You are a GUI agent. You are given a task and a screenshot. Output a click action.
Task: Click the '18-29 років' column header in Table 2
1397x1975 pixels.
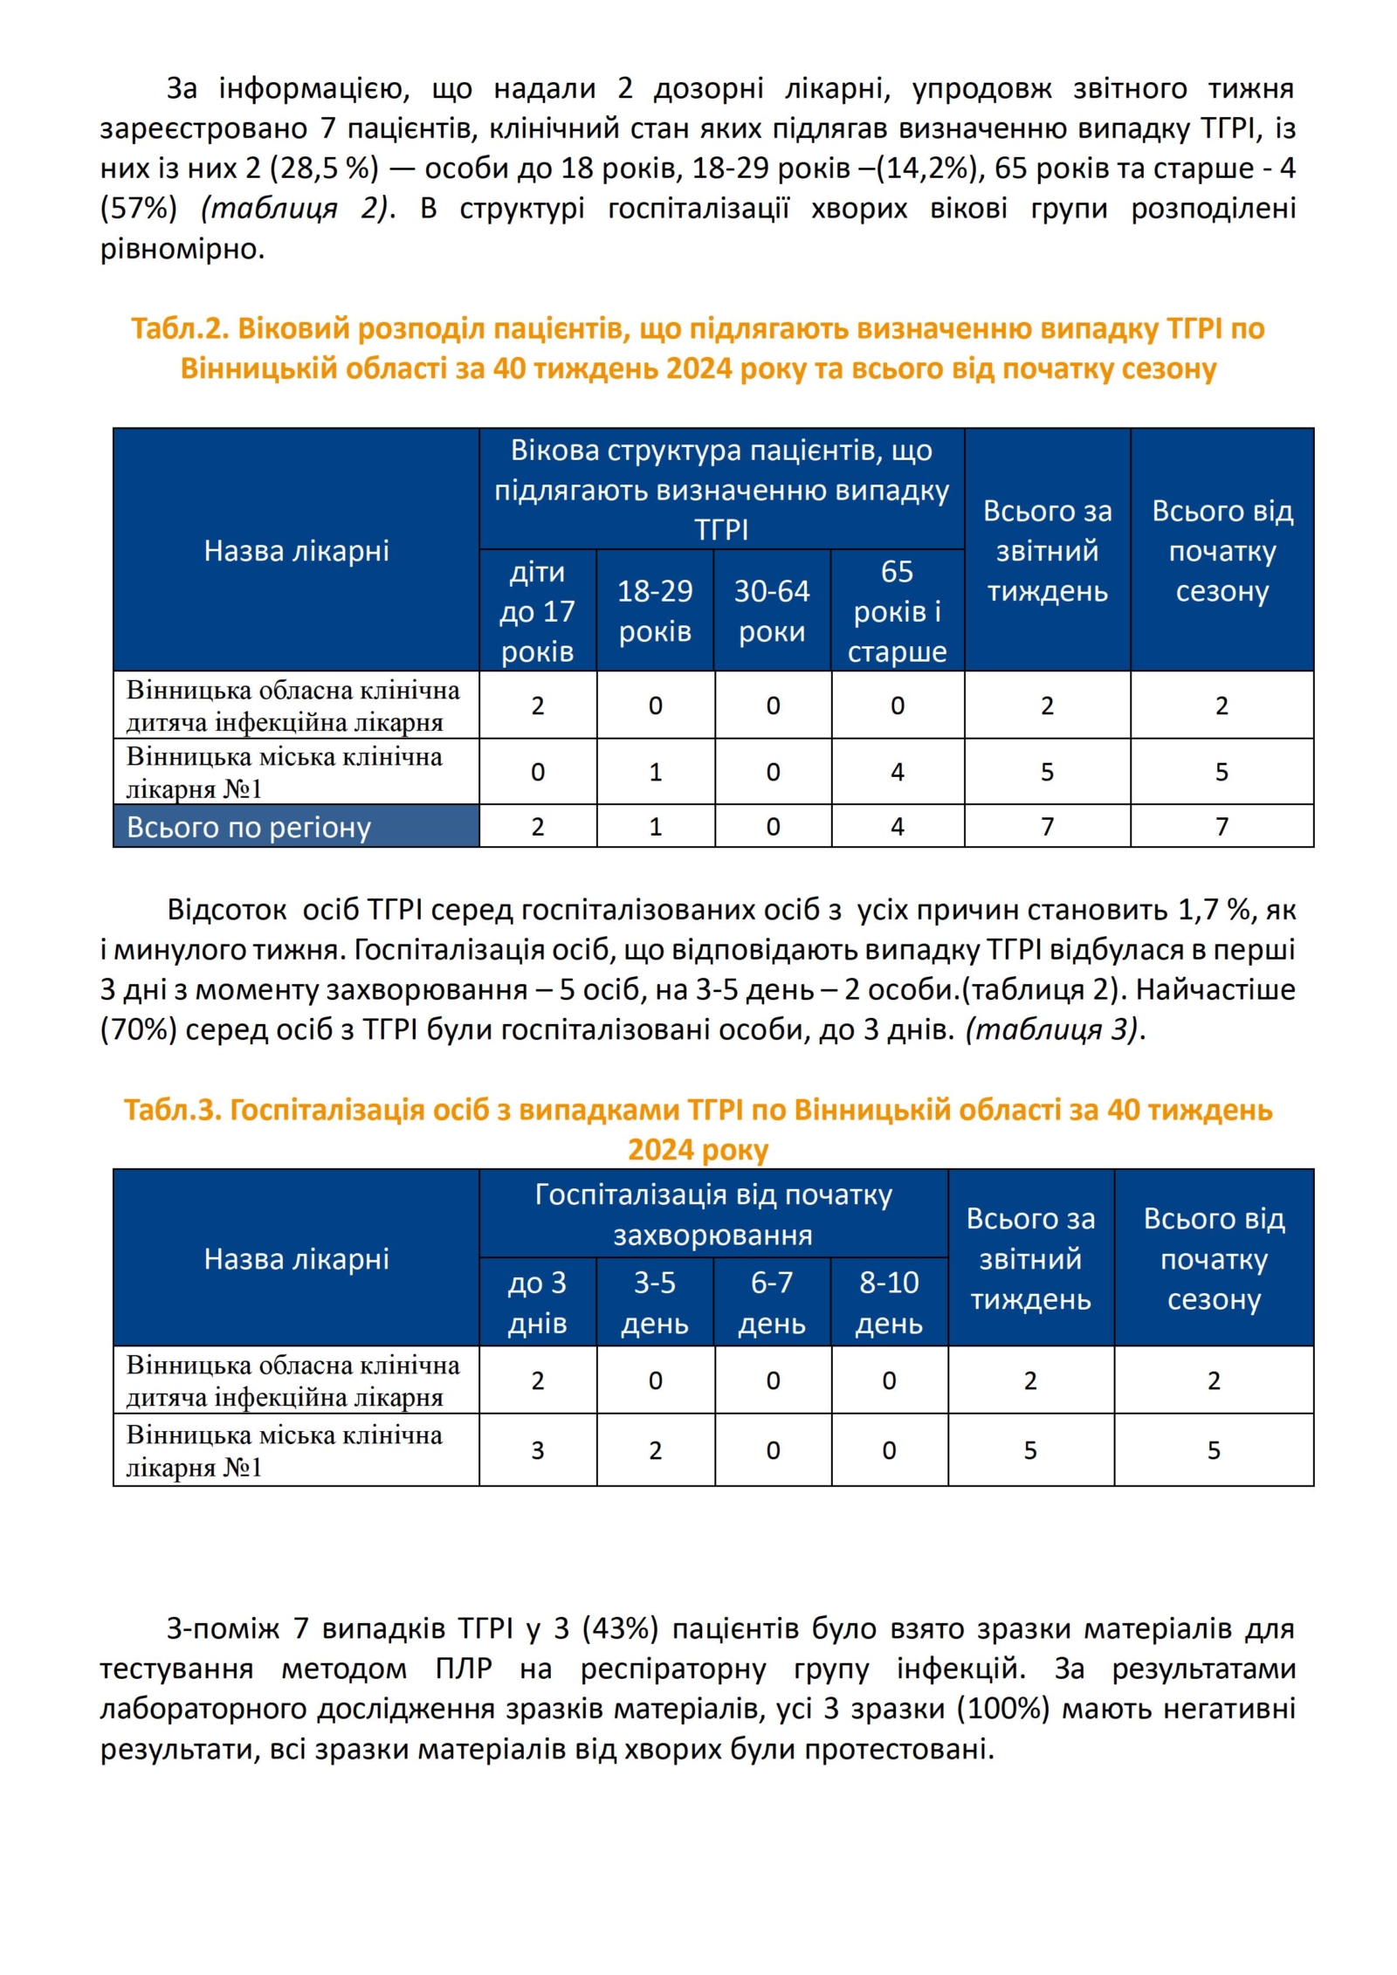(x=655, y=610)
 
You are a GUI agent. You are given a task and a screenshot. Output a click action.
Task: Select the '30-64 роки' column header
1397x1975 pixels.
(x=772, y=610)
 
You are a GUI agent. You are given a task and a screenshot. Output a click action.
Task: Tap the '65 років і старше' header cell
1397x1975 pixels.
(x=897, y=610)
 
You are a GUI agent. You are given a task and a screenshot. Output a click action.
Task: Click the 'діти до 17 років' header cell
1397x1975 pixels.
(x=537, y=610)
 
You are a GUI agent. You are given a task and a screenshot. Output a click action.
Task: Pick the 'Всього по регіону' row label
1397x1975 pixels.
(x=249, y=826)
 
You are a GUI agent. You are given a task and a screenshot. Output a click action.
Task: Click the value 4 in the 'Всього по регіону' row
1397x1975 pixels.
(x=897, y=826)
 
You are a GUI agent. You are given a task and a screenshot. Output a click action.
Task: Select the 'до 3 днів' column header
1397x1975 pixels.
(x=537, y=1302)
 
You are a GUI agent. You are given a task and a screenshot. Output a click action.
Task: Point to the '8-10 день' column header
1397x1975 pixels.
(x=889, y=1302)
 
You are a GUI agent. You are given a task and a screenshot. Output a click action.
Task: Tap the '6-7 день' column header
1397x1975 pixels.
(x=772, y=1302)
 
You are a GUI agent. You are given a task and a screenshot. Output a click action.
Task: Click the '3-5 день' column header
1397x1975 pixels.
(x=655, y=1302)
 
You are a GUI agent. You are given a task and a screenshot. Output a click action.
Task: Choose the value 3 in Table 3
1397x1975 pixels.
(x=537, y=1450)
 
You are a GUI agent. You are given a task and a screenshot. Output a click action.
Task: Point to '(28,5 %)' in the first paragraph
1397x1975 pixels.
(x=328, y=168)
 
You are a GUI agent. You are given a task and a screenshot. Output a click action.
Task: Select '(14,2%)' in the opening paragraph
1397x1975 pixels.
(x=931, y=168)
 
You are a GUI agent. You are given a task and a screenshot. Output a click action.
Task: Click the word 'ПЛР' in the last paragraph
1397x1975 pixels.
(x=463, y=1669)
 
